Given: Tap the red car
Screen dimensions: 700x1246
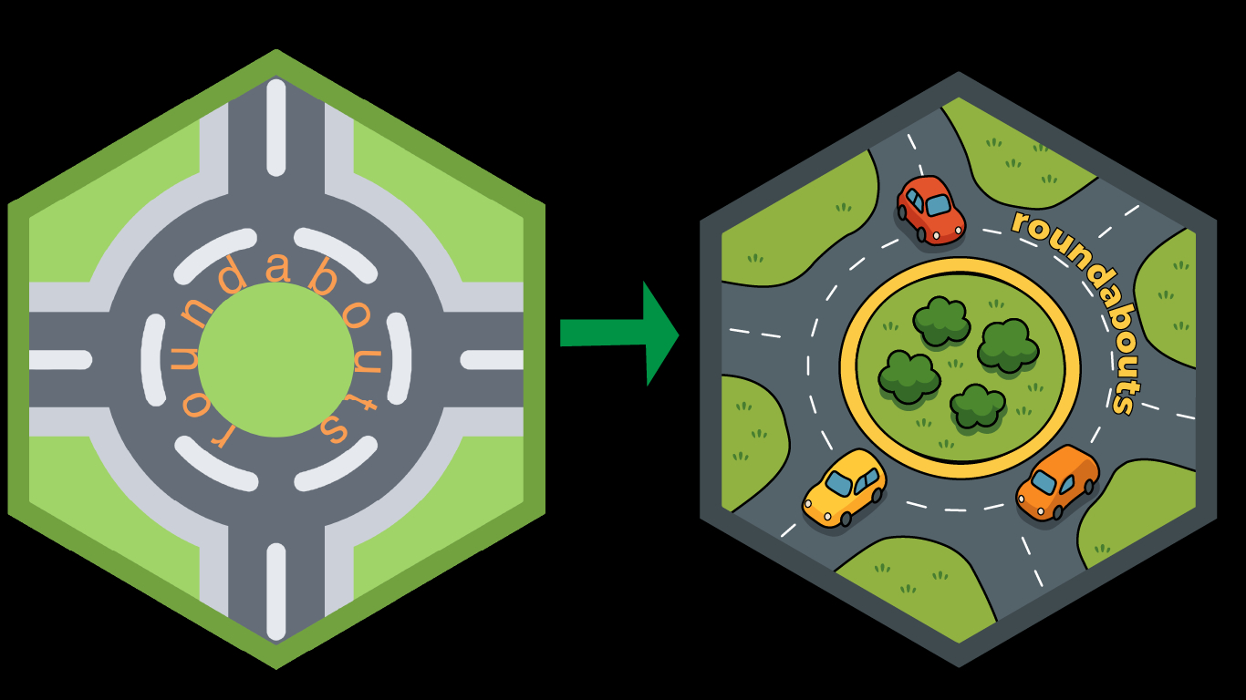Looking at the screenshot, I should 930,210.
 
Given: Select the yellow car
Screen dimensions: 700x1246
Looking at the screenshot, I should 845,488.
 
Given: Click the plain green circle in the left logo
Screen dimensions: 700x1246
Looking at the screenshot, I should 275,359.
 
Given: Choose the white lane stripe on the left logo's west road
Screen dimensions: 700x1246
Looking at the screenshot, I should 60,360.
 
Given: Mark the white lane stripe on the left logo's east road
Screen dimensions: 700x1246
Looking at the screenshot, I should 491,360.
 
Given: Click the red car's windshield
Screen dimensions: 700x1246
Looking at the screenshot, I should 938,203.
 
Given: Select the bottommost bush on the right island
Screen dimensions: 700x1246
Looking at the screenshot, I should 977,406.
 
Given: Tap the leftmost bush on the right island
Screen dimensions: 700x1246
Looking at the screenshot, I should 909,376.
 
